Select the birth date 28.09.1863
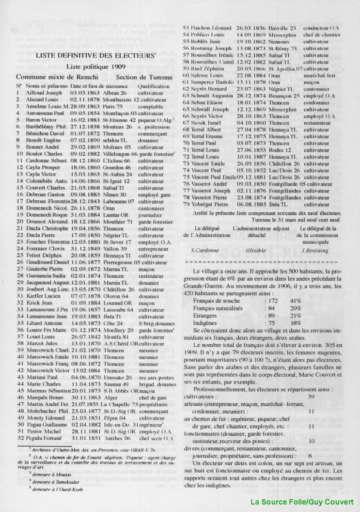tap(85, 106)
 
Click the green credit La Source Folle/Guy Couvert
tap(302, 502)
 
